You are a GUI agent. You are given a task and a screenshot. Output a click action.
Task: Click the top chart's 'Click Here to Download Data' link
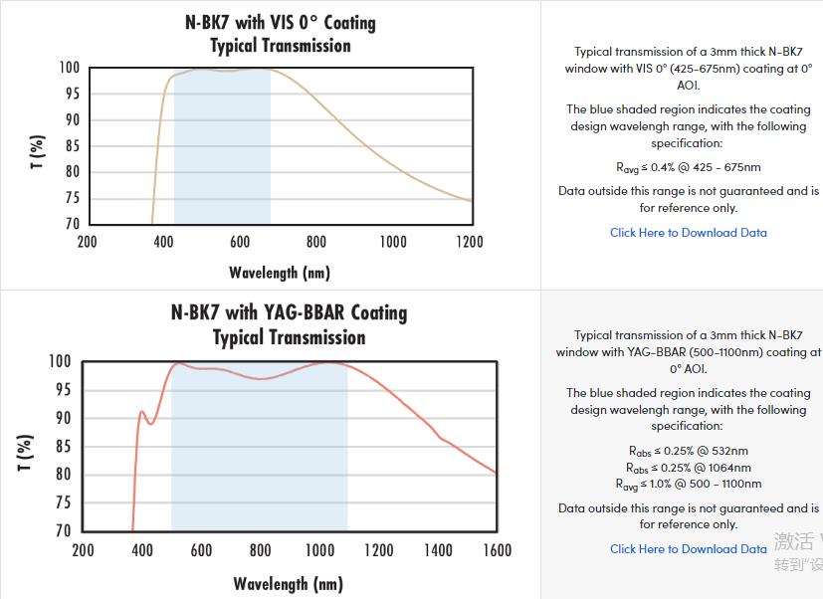pyautogui.click(x=689, y=233)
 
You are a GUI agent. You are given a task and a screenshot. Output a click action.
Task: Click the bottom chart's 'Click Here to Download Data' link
pyautogui.click(x=689, y=549)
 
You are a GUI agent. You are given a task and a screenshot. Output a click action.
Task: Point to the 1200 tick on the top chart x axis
pyautogui.click(x=470, y=242)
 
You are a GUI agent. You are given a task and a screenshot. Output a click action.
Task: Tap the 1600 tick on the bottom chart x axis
pyautogui.click(x=497, y=550)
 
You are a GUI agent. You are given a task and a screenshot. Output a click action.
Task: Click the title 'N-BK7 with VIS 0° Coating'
pyautogui.click(x=281, y=22)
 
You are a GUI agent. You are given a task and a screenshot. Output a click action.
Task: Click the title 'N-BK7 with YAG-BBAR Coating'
pyautogui.click(x=289, y=312)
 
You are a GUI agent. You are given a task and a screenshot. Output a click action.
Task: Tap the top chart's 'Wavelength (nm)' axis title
pyautogui.click(x=280, y=273)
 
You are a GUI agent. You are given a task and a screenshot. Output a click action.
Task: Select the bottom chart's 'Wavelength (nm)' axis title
pyautogui.click(x=289, y=583)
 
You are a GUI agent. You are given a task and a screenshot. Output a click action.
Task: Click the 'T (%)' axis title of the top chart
pyautogui.click(x=38, y=151)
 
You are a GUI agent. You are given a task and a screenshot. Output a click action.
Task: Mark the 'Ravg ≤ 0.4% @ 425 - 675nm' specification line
pyautogui.click(x=689, y=167)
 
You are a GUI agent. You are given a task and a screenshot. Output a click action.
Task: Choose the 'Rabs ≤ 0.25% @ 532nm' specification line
pyautogui.click(x=689, y=451)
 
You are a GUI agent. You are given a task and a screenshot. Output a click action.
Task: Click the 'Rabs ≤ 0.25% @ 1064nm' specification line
pyautogui.click(x=689, y=468)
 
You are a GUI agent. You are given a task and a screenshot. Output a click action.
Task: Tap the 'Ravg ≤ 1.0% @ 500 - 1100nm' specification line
pyautogui.click(x=689, y=485)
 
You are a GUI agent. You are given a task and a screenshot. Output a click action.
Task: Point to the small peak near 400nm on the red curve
pyautogui.click(x=142, y=411)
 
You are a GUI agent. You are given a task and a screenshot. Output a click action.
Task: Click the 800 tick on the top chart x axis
pyautogui.click(x=316, y=242)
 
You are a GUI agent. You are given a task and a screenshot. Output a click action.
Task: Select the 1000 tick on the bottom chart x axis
pyautogui.click(x=320, y=550)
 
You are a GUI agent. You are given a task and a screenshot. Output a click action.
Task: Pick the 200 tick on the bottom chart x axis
pyautogui.click(x=84, y=550)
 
